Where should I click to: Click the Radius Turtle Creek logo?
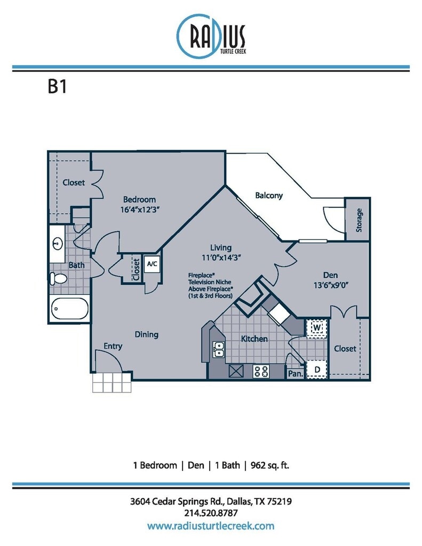211,36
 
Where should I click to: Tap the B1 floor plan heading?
57,86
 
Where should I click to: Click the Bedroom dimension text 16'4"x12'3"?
140,210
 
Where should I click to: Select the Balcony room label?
269,195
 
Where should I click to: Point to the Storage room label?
359,220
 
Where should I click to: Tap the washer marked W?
317,328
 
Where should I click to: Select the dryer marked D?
317,370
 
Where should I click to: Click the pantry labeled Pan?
295,374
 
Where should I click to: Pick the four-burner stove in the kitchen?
261,371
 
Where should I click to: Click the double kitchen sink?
219,350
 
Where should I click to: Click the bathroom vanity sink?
57,244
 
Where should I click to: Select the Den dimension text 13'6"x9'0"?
331,285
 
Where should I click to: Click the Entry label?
113,346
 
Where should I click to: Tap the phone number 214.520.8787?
211,513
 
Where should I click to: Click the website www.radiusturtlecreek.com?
211,526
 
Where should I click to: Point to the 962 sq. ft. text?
270,465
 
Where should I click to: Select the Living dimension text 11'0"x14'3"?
221,258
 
